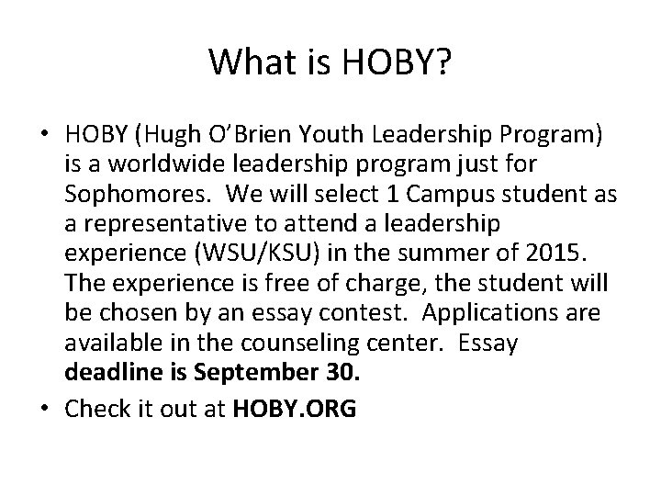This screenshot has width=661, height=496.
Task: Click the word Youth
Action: tap(318, 135)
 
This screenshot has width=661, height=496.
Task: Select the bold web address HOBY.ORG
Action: tap(294, 410)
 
